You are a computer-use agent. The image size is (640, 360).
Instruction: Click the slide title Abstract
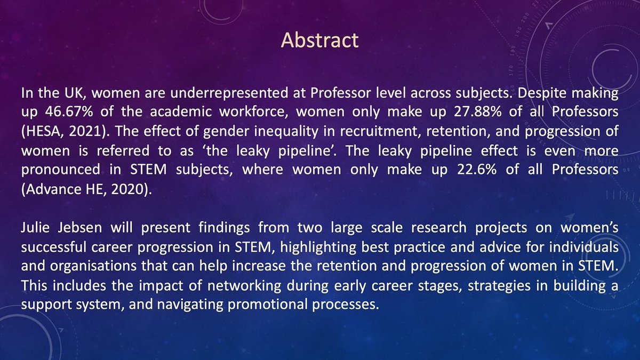[320, 41]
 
